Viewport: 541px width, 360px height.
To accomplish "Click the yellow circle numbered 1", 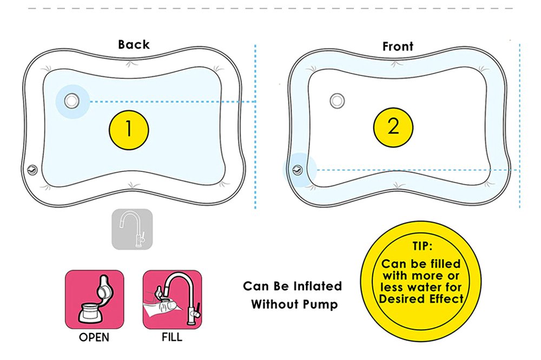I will pyautogui.click(x=129, y=129).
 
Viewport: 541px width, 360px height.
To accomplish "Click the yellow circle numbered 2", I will pyautogui.click(x=393, y=126).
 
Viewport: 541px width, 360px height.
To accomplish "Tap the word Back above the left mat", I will pyautogui.click(x=134, y=44).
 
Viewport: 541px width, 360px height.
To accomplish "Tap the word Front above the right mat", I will pyautogui.click(x=398, y=46).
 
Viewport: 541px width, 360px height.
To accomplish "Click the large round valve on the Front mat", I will pyautogui.click(x=338, y=100).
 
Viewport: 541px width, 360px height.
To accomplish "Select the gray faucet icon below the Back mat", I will pyautogui.click(x=132, y=229).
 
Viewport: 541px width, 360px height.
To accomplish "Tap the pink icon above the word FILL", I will pyautogui.click(x=172, y=299).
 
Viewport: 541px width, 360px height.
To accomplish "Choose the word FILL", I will pyautogui.click(x=172, y=338).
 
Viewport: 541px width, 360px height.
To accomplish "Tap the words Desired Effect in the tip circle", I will pyautogui.click(x=421, y=299).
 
